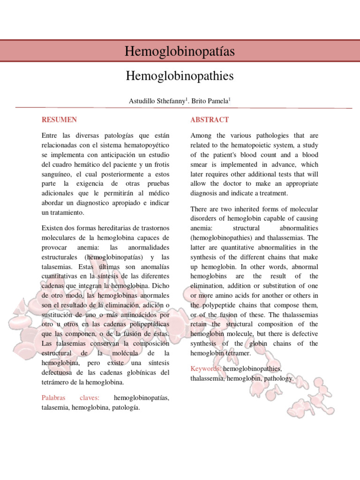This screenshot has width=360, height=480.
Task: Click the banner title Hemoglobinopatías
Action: pos(180,51)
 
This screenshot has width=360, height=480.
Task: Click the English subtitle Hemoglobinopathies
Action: pos(180,75)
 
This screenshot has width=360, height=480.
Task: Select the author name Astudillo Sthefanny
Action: pos(157,101)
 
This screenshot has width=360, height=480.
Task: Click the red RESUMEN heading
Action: pos(59,120)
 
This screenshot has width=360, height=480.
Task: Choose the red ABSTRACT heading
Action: pos(210,120)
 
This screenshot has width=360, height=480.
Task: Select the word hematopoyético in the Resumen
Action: pos(147,145)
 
